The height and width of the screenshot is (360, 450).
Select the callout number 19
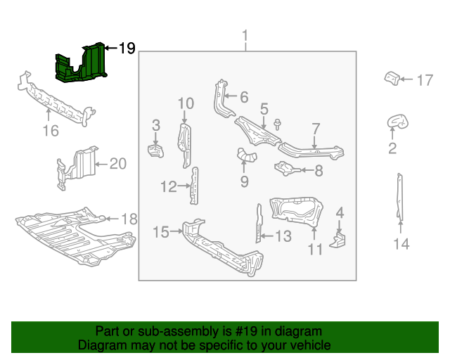coord(127,49)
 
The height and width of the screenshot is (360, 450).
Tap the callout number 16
coord(50,131)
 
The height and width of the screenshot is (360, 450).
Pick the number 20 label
coord(117,164)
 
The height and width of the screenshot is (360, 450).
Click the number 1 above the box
coord(245,36)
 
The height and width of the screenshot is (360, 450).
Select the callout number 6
coord(243,97)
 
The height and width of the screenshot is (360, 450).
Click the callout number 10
coord(185,104)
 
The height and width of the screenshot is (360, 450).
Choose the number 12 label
coord(168,186)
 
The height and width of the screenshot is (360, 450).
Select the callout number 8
coord(319,169)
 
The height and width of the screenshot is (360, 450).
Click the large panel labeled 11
coord(295,210)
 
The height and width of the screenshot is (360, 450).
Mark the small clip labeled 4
coord(340,239)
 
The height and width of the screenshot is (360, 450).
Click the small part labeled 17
coord(392,77)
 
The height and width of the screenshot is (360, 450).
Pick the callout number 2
coord(392,148)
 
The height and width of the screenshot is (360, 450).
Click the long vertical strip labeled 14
coord(399,197)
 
